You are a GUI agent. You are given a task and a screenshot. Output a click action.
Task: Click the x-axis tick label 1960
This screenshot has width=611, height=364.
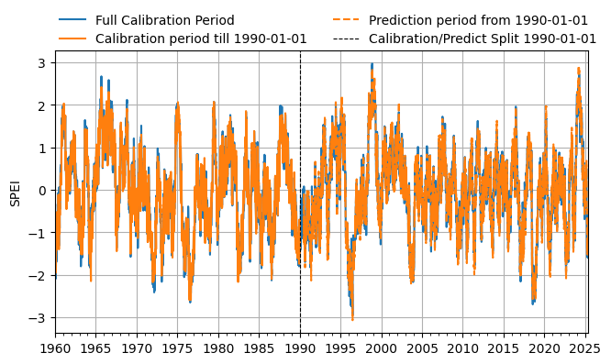pos(55,348)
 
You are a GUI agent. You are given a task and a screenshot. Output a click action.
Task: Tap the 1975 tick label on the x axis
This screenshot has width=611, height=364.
pos(177,348)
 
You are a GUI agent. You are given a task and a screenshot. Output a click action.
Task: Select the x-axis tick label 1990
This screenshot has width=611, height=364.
pos(300,348)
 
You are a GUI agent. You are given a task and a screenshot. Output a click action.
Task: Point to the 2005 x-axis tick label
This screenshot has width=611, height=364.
pos(423,348)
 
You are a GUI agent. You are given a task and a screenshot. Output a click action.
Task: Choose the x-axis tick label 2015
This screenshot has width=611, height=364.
pos(505,348)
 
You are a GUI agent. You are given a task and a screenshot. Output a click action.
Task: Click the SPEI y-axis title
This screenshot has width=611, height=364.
pos(16,192)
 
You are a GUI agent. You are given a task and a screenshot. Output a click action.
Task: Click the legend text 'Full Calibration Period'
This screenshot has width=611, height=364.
pos(164,20)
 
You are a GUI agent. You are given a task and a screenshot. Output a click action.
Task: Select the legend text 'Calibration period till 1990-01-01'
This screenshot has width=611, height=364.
pos(201,39)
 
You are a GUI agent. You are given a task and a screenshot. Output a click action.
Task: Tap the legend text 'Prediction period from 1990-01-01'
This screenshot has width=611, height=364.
pos(478,20)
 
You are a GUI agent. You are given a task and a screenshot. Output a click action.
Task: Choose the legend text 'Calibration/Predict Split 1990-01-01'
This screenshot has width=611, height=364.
pos(483,39)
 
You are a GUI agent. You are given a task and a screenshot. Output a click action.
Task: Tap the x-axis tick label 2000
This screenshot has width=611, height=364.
pos(382,348)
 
